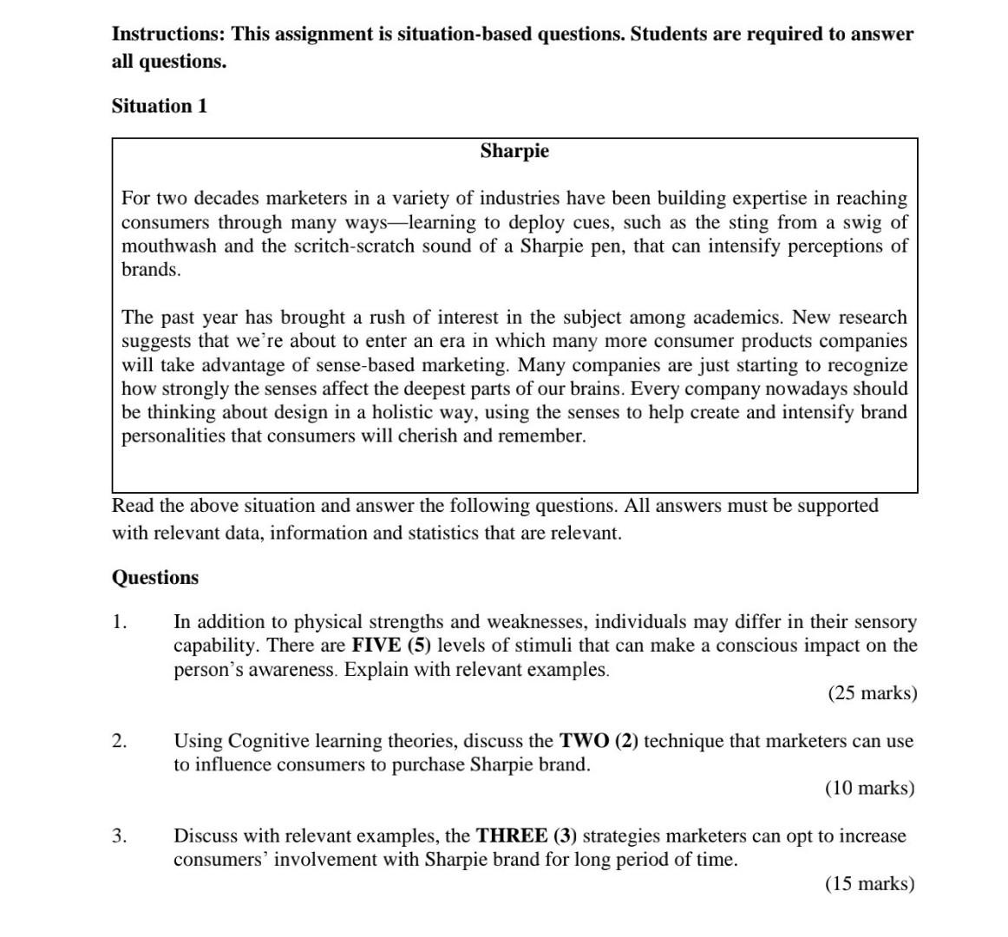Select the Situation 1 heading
pos(160,106)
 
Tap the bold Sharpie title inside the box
pos(514,151)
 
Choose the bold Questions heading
pos(155,578)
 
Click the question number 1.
pos(119,622)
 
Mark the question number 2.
pos(119,741)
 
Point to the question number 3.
pos(119,836)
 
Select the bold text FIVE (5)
pos(390,645)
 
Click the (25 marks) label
pos(872,693)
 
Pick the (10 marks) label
pos(869,788)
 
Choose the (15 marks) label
pos(869,883)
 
